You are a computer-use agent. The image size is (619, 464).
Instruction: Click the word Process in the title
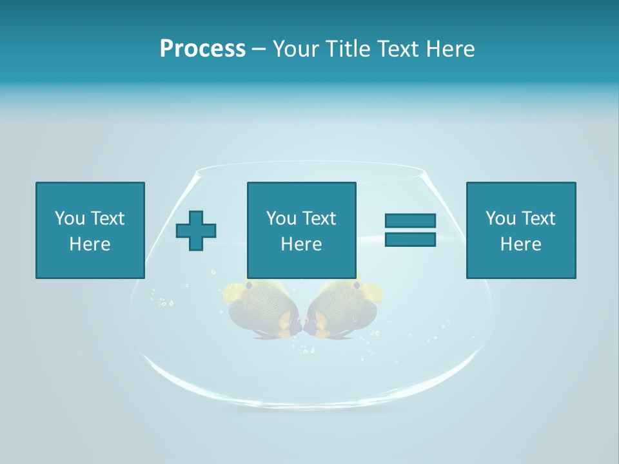tap(202, 49)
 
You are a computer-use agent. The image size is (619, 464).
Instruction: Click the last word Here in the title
tap(451, 49)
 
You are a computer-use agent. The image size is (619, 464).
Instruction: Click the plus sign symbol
tap(196, 230)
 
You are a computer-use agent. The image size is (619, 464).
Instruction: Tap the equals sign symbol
tap(410, 230)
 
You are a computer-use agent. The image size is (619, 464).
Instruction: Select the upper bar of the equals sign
tap(410, 220)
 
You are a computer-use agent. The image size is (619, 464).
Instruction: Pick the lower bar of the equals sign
tap(410, 240)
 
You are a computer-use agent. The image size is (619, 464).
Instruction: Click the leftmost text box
tap(90, 230)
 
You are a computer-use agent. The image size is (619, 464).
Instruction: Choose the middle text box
tap(301, 230)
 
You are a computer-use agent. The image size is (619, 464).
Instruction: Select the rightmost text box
tap(520, 230)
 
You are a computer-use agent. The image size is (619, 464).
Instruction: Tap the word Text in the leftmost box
tap(107, 218)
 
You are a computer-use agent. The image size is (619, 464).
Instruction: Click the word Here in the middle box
tap(301, 244)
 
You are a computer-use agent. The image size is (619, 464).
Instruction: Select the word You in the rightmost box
tap(500, 218)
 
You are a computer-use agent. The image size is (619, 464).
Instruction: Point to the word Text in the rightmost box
tap(538, 218)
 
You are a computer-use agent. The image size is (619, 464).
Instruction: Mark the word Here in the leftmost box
tap(90, 244)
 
